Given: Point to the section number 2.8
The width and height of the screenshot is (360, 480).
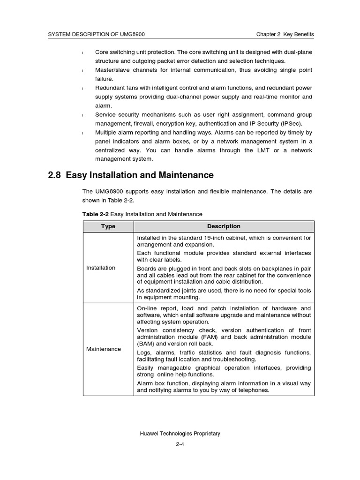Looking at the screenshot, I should coord(55,175).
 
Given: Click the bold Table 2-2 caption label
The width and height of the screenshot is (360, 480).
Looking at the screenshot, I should coord(95,214).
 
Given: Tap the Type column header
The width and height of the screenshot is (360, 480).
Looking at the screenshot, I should coord(108,226).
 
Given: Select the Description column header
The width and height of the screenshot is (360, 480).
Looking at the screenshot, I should coord(224,226).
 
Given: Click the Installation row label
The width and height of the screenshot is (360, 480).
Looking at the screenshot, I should coord(101,268).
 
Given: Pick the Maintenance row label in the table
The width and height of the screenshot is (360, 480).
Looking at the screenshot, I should coord(104,349).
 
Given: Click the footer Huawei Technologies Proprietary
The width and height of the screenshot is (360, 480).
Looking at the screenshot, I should coord(180,434).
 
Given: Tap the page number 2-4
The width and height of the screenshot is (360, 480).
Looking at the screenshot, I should coord(180,445).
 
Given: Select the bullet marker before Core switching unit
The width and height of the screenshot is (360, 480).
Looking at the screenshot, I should coord(82,52).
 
